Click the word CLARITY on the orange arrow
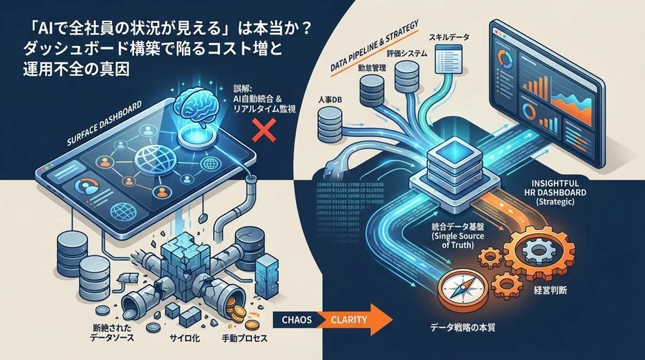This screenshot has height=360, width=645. click(351, 318)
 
